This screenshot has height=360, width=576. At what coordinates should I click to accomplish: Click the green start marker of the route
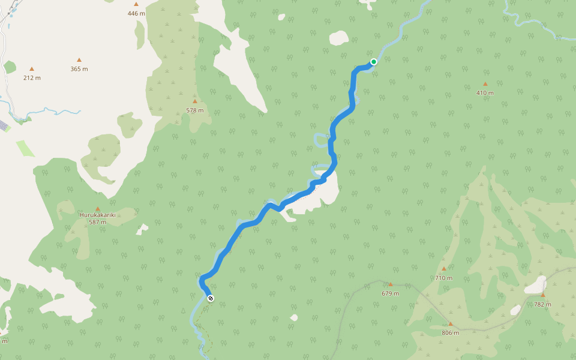pyautogui.click(x=373, y=62)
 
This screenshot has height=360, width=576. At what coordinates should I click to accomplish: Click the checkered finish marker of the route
pyautogui.click(x=210, y=298)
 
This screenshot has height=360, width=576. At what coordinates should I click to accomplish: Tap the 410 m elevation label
pyautogui.click(x=485, y=93)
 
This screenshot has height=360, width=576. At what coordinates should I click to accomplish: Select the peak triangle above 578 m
pyautogui.click(x=194, y=101)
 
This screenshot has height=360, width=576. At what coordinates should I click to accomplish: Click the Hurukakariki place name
pyautogui.click(x=97, y=214)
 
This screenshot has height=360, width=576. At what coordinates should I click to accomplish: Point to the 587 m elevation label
pyautogui.click(x=97, y=222)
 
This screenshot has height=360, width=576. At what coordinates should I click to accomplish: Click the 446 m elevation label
pyautogui.click(x=136, y=13)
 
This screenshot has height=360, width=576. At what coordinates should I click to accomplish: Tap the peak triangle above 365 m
pyautogui.click(x=79, y=59)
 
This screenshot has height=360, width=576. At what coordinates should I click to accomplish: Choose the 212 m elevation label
pyautogui.click(x=32, y=78)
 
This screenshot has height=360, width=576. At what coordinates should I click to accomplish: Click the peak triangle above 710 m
pyautogui.click(x=444, y=269)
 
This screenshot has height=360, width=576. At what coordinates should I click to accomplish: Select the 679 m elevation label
pyautogui.click(x=391, y=293)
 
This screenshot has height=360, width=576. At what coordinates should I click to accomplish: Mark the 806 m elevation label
pyautogui.click(x=450, y=333)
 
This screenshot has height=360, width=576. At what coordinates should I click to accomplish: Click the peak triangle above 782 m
pyautogui.click(x=542, y=295)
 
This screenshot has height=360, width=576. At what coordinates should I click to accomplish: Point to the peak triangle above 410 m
pyautogui.click(x=485, y=84)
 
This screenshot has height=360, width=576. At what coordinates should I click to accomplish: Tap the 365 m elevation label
pyautogui.click(x=79, y=69)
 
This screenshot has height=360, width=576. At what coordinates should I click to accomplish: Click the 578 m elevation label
pyautogui.click(x=194, y=110)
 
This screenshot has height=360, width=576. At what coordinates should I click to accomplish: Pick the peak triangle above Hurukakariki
pyautogui.click(x=97, y=209)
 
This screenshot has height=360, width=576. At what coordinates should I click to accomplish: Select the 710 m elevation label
pyautogui.click(x=444, y=278)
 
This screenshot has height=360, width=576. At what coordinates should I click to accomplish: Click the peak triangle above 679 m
pyautogui.click(x=391, y=284)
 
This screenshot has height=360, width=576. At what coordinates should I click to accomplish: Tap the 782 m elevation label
pyautogui.click(x=542, y=304)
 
